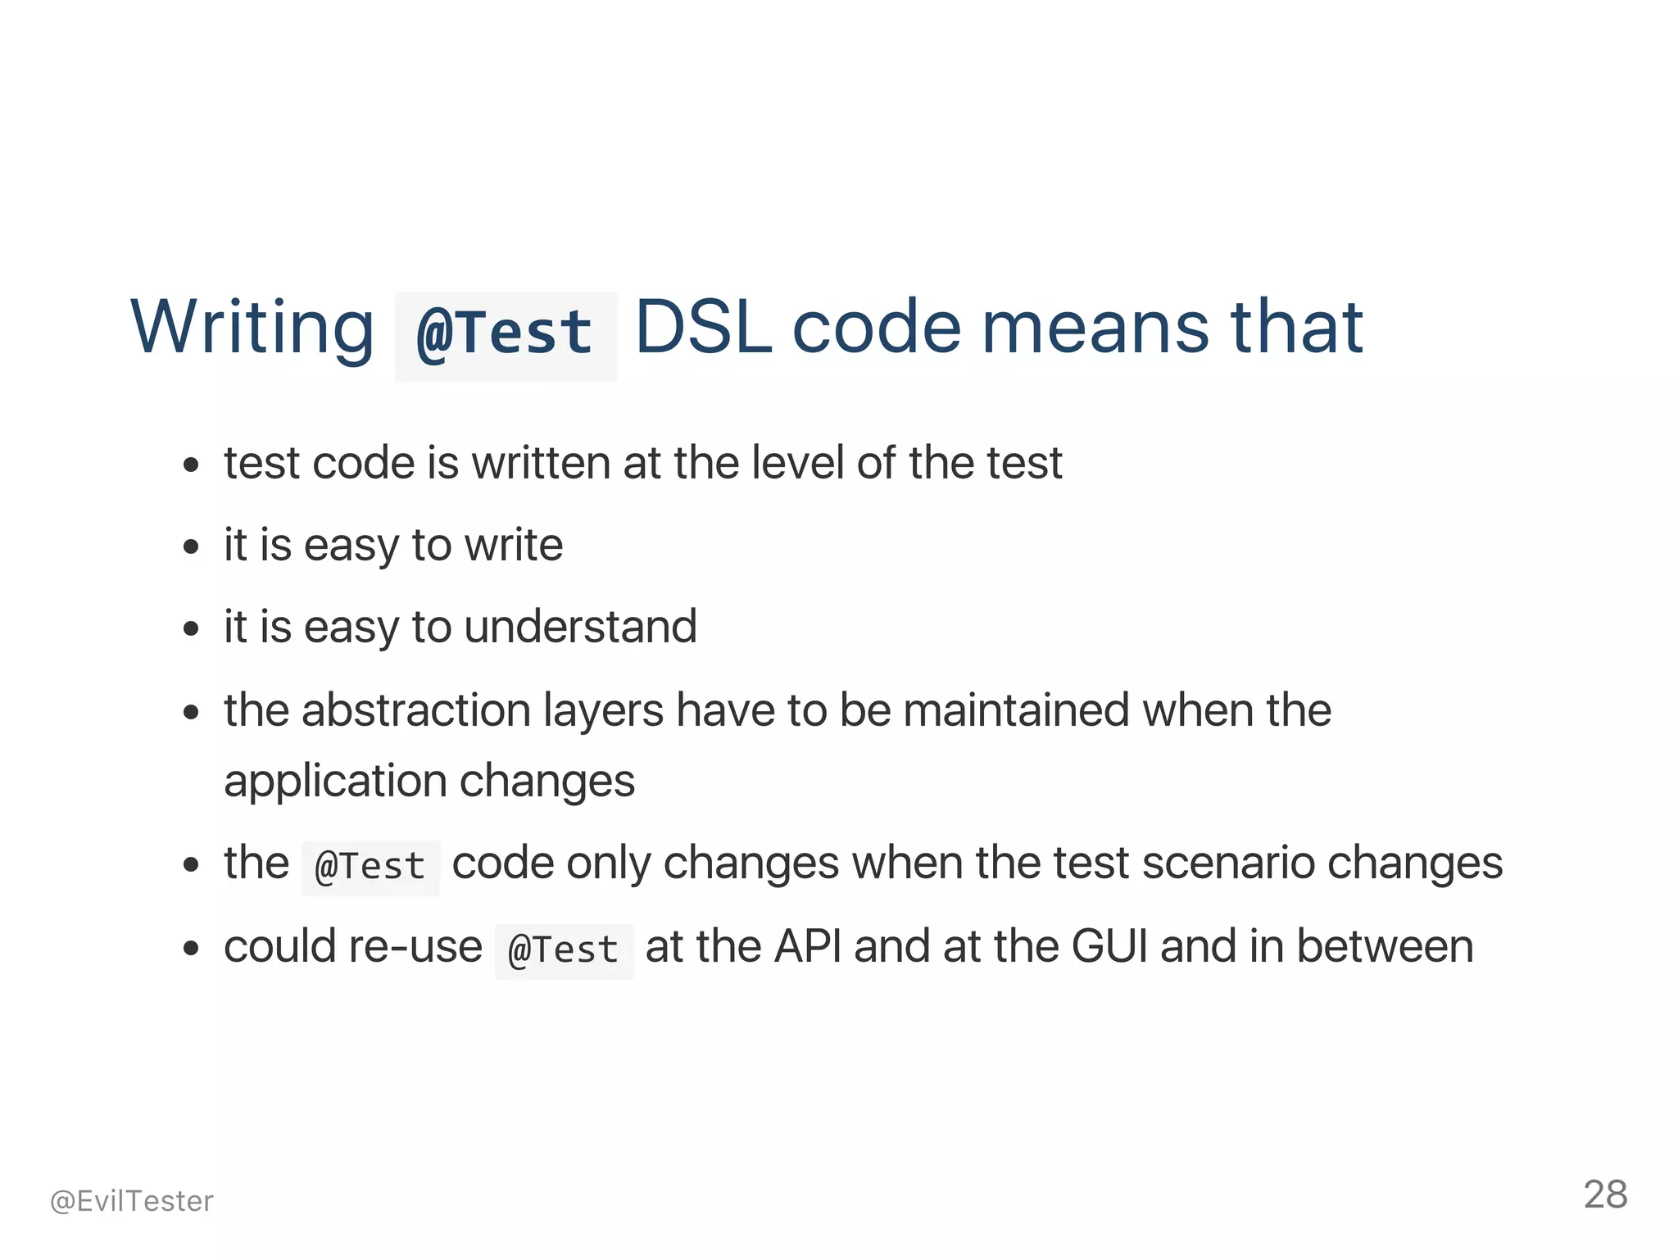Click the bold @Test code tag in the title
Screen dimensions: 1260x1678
[x=505, y=334]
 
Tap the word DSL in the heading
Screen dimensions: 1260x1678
[x=703, y=328]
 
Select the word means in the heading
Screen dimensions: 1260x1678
[x=1095, y=328]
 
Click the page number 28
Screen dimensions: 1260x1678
[x=1605, y=1194]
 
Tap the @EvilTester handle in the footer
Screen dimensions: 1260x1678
[x=131, y=1201]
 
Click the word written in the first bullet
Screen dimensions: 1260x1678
[x=541, y=463]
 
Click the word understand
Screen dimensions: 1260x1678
[x=580, y=627]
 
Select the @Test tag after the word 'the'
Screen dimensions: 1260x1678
[x=370, y=867]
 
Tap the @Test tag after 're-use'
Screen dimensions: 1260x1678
[x=564, y=950]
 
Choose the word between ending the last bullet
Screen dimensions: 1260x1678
[x=1385, y=946]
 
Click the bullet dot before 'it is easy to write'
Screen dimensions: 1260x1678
[x=192, y=546]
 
